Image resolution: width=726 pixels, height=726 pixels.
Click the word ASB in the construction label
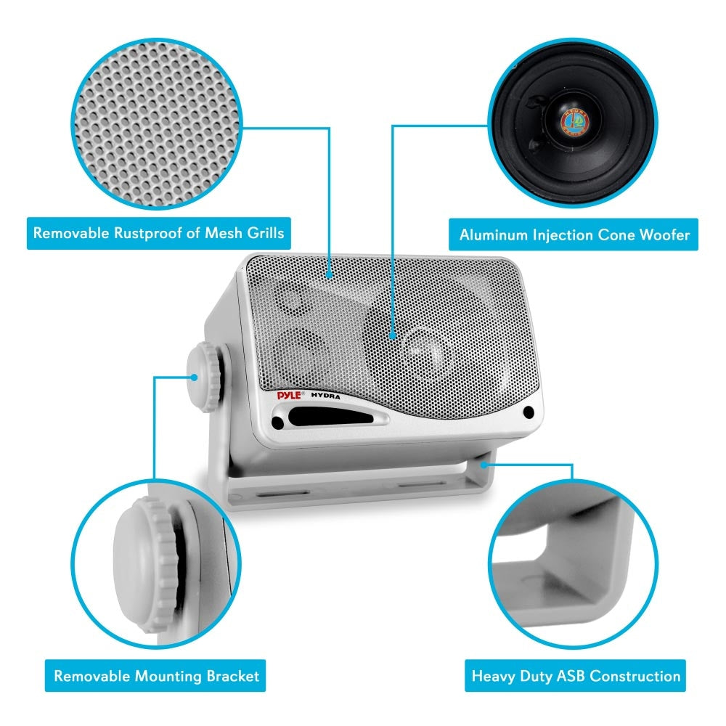tap(567, 677)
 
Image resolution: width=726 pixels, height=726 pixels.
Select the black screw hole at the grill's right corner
tap(529, 412)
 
